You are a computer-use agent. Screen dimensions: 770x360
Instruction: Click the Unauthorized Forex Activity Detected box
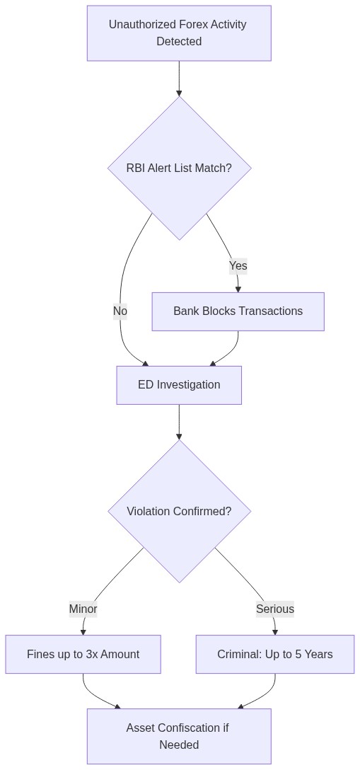coord(179,33)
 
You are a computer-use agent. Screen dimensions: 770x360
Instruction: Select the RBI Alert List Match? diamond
coord(179,168)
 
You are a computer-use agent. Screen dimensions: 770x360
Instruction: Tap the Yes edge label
coord(238,266)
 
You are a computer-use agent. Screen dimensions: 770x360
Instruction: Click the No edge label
coord(120,311)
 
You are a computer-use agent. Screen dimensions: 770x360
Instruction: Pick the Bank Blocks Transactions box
coord(238,311)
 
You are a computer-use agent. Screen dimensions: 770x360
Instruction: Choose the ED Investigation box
coord(179,385)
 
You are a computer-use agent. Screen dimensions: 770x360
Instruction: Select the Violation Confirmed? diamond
coord(179,511)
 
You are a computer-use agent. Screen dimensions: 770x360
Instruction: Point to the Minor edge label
coord(83,609)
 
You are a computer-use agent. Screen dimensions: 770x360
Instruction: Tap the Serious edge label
coord(274,609)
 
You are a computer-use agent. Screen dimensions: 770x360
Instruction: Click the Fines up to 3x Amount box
coord(83,654)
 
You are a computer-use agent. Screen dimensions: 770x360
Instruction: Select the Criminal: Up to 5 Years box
coord(274,654)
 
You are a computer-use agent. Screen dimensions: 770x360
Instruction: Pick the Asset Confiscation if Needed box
coord(179,736)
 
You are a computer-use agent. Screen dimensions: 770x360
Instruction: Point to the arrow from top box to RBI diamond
coord(179,79)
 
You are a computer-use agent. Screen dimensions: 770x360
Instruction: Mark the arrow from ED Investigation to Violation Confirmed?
coord(179,423)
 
